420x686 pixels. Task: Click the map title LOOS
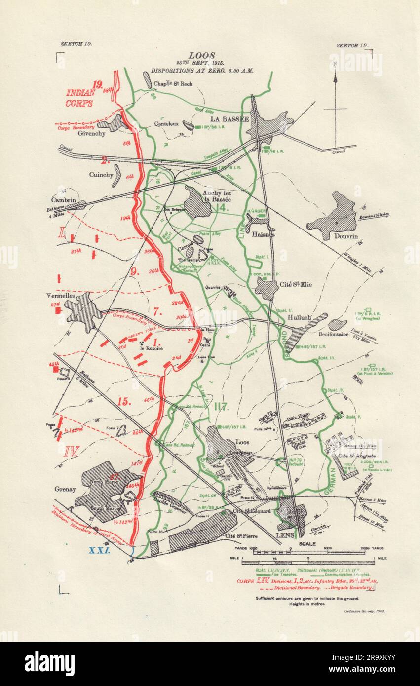[202, 56]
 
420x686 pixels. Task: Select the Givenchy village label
[91, 133]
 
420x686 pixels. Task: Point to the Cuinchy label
[101, 175]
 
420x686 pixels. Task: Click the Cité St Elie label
[296, 285]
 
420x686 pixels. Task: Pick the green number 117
[221, 408]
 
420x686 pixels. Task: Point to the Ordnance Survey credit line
[363, 610]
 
